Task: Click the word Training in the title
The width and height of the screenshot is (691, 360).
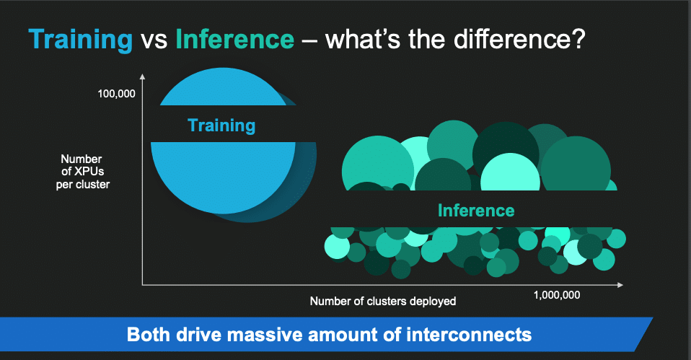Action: (81, 40)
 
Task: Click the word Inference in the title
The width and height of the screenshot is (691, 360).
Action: (235, 39)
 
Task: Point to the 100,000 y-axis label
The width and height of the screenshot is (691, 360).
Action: (116, 94)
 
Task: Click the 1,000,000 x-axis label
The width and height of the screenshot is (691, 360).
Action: (557, 295)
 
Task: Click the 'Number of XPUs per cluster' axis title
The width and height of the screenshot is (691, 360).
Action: (82, 172)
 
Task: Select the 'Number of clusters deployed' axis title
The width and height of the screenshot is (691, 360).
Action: (383, 302)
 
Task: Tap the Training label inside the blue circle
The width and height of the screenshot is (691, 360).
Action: (221, 126)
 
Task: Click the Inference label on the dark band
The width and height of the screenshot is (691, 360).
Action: (476, 211)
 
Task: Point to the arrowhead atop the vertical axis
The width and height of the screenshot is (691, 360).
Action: (142, 76)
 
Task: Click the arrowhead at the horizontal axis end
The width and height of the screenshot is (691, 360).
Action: (620, 285)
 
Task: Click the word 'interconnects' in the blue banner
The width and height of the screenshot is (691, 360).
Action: (469, 335)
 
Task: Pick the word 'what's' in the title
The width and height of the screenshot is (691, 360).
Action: (363, 39)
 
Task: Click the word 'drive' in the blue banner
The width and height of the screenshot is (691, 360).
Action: (199, 335)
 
